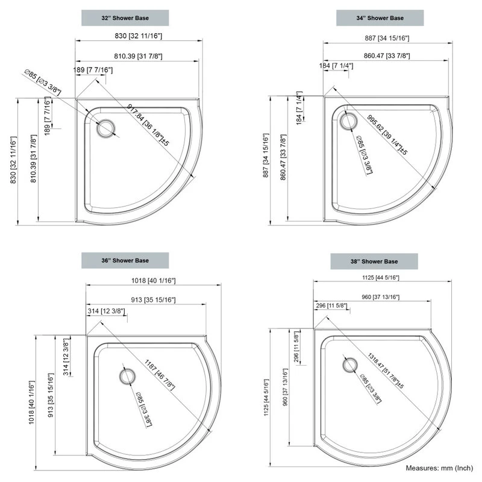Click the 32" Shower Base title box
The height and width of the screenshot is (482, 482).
coord(125,18)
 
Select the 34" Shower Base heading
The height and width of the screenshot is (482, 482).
coord(380,18)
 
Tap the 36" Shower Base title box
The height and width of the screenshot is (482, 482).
coord(125,260)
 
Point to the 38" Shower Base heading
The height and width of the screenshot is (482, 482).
coord(374,261)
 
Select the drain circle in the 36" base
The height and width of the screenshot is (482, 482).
coord(127,377)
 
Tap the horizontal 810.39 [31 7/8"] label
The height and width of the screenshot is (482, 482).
coord(137,56)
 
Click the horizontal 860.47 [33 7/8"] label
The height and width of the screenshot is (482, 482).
coord(387,56)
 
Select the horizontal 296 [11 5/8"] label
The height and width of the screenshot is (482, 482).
coord(331,306)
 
